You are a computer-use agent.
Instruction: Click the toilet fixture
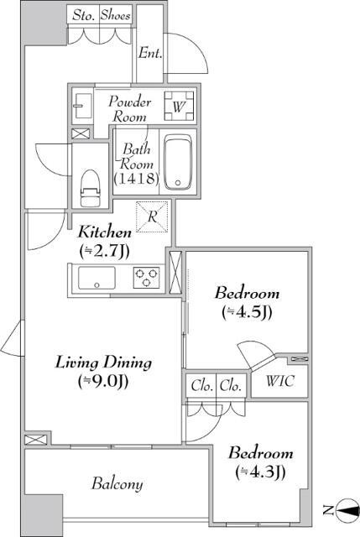[90, 188]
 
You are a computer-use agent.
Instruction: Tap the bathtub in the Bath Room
[177, 162]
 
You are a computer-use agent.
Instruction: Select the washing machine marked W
[179, 107]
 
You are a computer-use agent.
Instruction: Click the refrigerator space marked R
[152, 216]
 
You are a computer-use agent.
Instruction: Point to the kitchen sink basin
[97, 278]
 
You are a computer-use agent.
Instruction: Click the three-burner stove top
[147, 278]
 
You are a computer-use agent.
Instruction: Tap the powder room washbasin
[82, 106]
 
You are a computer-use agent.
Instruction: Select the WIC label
[279, 381]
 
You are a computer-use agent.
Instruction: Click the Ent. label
[150, 53]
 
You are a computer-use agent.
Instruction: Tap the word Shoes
[116, 15]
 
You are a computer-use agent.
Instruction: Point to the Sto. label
[84, 16]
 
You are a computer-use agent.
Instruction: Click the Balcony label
[117, 483]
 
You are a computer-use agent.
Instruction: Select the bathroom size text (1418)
[136, 178]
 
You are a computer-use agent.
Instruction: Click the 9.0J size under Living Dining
[103, 382]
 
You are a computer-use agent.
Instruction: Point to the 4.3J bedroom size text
[260, 472]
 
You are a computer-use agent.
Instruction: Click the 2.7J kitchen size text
[104, 252]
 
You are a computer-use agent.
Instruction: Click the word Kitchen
[105, 232]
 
